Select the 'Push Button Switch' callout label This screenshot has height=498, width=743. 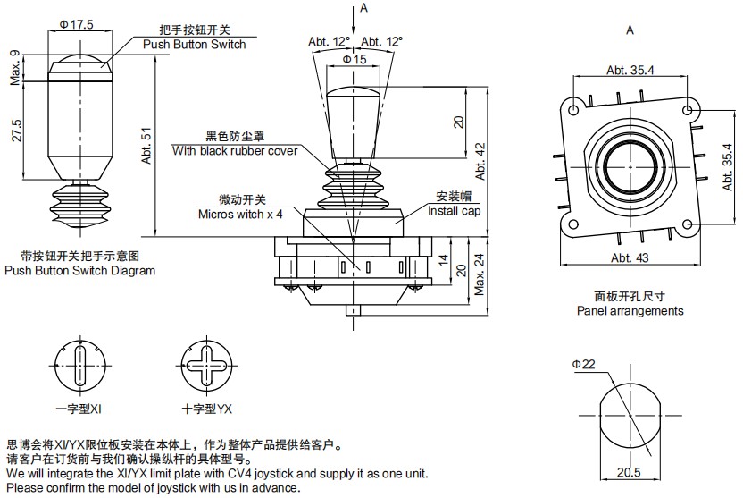[194, 44]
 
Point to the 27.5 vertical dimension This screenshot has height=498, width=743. [17, 131]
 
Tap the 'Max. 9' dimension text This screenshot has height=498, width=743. [15, 68]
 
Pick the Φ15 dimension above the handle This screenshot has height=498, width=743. [355, 58]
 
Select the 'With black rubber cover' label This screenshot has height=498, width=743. [236, 151]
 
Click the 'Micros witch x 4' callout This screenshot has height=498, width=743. [240, 215]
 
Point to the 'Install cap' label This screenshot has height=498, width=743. [454, 211]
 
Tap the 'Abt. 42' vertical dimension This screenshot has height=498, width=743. [481, 161]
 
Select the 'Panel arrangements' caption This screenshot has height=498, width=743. [630, 311]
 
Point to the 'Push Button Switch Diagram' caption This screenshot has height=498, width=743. [79, 270]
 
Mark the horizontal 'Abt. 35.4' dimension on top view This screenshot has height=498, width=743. [629, 70]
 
